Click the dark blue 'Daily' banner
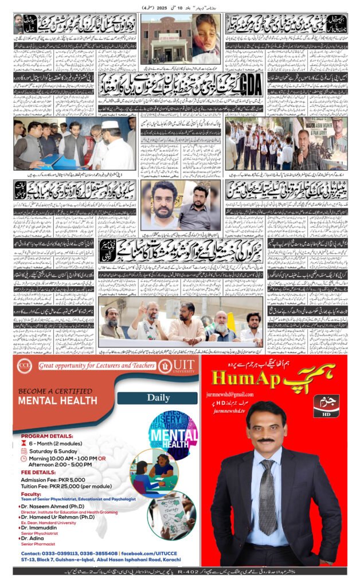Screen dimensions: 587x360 (157, 397)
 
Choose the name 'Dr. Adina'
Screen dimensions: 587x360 (36, 538)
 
